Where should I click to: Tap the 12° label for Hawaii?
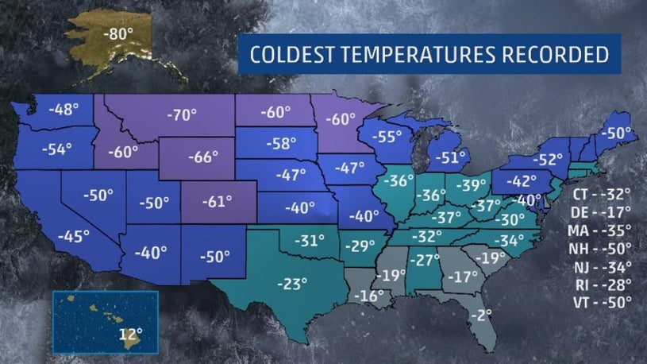tap(130, 334)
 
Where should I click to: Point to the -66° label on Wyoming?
tap(202, 157)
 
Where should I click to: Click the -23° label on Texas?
tap(291, 282)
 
